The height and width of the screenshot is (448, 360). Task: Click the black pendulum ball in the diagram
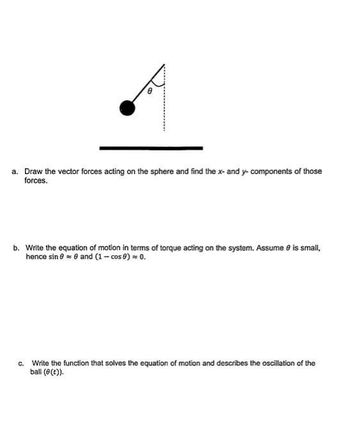click(x=128, y=108)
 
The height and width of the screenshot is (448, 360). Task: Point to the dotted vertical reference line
click(x=164, y=109)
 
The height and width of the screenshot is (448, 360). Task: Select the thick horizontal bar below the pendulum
click(x=151, y=148)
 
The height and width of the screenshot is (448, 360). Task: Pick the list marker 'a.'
click(x=15, y=172)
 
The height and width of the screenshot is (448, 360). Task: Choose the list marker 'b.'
click(x=15, y=247)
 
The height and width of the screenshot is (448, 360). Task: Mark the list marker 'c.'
click(x=22, y=364)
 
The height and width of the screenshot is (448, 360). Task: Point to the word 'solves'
click(x=119, y=364)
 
